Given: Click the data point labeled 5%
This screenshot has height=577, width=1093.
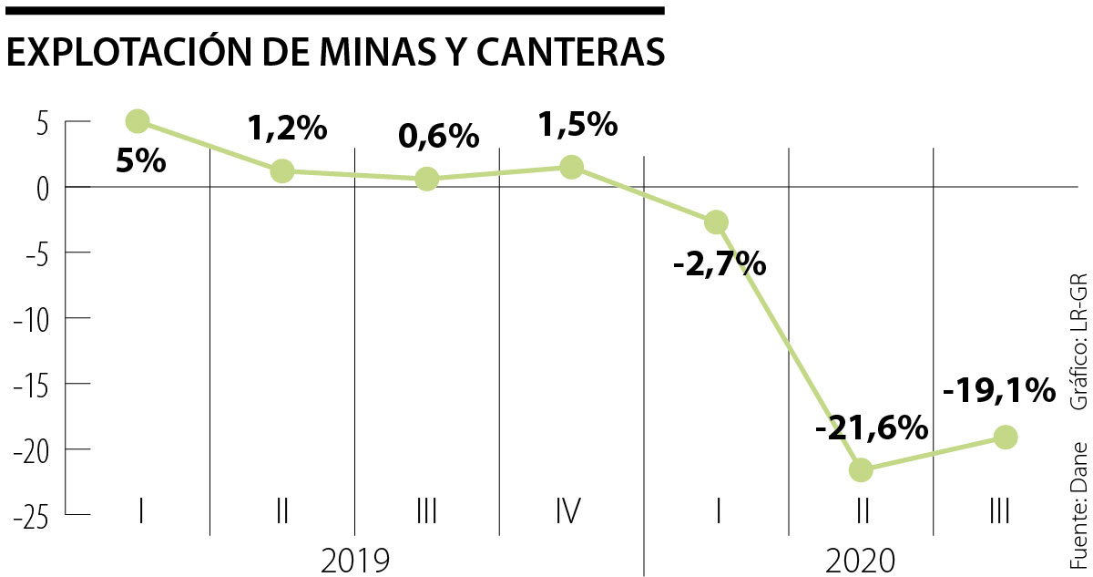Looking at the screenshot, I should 138,120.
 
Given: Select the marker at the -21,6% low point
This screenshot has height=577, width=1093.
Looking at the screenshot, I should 861,470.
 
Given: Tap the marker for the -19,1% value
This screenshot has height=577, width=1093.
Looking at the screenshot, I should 1006,438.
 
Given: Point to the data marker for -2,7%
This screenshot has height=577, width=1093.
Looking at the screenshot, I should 716,222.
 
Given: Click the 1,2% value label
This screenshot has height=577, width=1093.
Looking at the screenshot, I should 287,129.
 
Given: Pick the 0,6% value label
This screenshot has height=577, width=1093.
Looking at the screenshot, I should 439,137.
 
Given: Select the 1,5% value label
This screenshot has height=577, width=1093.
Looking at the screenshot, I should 578,123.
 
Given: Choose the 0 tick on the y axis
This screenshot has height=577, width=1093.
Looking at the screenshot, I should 41,188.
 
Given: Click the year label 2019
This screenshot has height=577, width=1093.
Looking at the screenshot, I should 355,560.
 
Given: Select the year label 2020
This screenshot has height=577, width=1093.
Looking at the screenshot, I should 861,560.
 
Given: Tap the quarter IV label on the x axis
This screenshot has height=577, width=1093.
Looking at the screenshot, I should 568,510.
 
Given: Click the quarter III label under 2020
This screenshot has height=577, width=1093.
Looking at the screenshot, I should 999,510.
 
